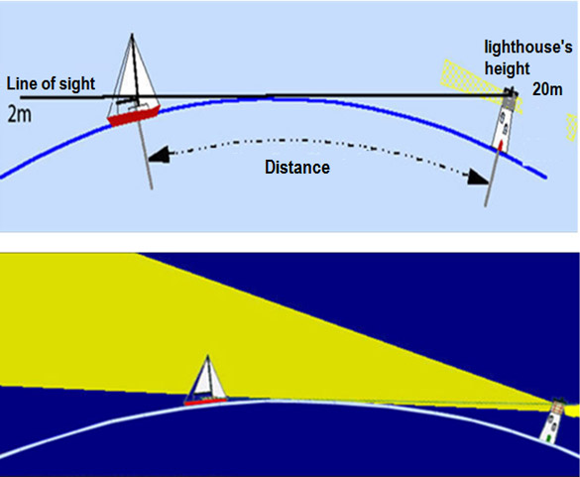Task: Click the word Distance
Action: [x=297, y=168]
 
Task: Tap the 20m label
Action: [x=547, y=89]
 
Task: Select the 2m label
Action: [x=20, y=115]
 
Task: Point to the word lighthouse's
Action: [x=528, y=48]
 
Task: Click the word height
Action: [x=508, y=69]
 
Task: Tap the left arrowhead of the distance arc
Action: [x=159, y=154]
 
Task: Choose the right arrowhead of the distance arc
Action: [x=477, y=177]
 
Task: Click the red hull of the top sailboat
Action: [x=134, y=115]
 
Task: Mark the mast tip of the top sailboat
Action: [x=133, y=35]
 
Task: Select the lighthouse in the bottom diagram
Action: [x=552, y=421]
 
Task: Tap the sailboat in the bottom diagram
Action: [x=206, y=381]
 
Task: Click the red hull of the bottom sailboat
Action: [x=205, y=402]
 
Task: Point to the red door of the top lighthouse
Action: [x=500, y=146]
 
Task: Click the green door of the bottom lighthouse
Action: [x=548, y=438]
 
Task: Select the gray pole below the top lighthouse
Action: [x=491, y=179]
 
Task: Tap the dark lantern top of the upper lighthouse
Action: [x=510, y=92]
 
